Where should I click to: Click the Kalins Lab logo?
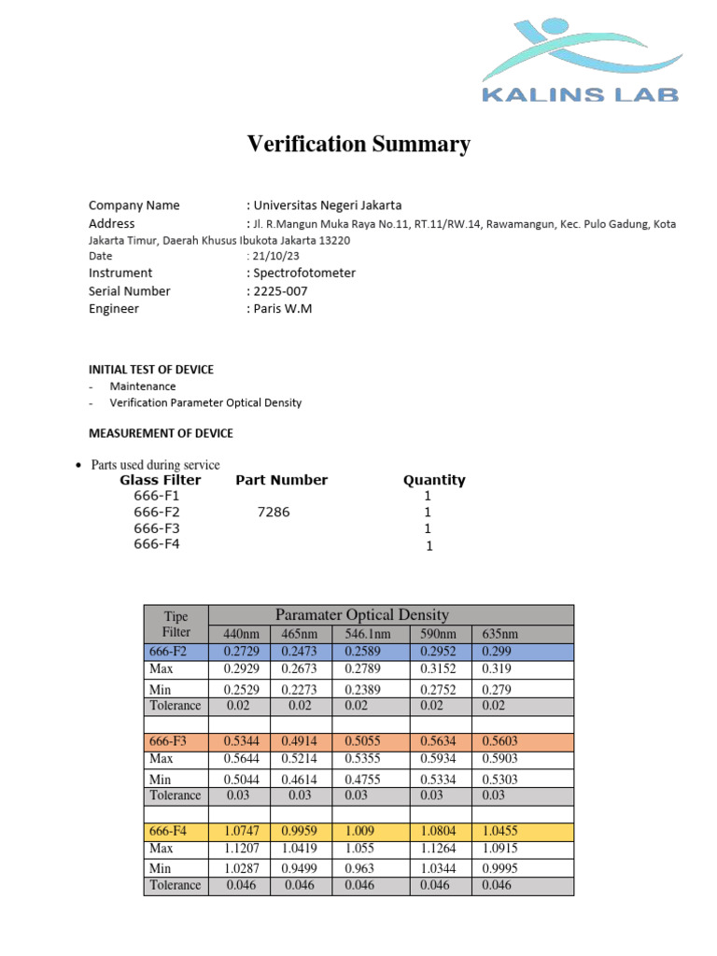pyautogui.click(x=580, y=62)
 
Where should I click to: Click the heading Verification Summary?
pyautogui.click(x=358, y=145)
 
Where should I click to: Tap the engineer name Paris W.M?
pyautogui.click(x=281, y=308)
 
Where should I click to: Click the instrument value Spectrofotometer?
pyautogui.click(x=303, y=273)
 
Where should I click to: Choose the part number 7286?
pyautogui.click(x=275, y=513)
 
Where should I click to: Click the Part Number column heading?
pyautogui.click(x=281, y=480)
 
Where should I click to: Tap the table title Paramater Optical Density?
pyautogui.click(x=362, y=614)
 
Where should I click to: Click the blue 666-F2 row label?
pyautogui.click(x=168, y=651)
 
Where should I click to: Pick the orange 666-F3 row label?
pyautogui.click(x=168, y=740)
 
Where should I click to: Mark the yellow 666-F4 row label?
pyautogui.click(x=168, y=830)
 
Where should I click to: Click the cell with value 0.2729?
pyautogui.click(x=239, y=651)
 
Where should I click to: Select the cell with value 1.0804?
pyautogui.click(x=440, y=830)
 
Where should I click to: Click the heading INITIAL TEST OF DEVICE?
pyautogui.click(x=151, y=370)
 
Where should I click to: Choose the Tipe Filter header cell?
pyautogui.click(x=176, y=624)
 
